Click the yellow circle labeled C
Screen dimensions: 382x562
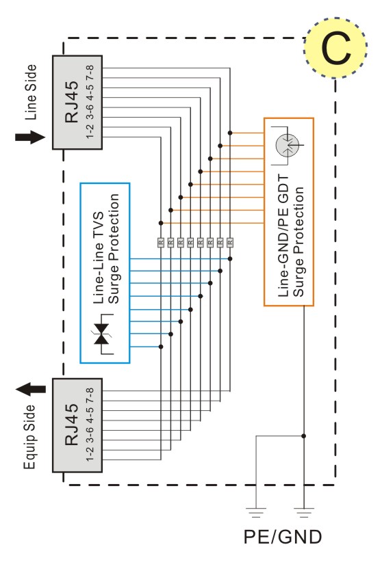tap(335, 48)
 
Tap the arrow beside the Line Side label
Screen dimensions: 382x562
tap(30, 137)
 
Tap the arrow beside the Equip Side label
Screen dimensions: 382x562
tap(31, 389)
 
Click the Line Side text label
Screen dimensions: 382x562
tap(31, 92)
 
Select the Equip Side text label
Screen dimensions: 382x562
tap(30, 437)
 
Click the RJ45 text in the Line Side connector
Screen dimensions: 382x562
tap(71, 102)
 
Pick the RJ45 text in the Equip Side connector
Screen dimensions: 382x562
tap(71, 425)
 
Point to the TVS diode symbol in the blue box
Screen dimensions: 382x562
tap(102, 334)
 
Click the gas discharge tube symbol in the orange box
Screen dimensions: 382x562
tap(288, 146)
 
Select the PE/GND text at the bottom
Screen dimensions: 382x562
tap(283, 537)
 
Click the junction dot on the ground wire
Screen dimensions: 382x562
tap(304, 436)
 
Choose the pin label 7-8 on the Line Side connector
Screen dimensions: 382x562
tap(90, 72)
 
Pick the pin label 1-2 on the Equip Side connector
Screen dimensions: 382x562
tap(90, 454)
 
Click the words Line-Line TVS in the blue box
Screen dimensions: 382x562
tap(99, 258)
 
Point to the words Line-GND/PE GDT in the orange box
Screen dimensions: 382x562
tap(283, 236)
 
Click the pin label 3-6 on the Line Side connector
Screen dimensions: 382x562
tap(90, 111)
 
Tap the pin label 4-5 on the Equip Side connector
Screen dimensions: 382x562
tap(90, 415)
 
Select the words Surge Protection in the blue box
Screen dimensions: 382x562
tap(114, 249)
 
